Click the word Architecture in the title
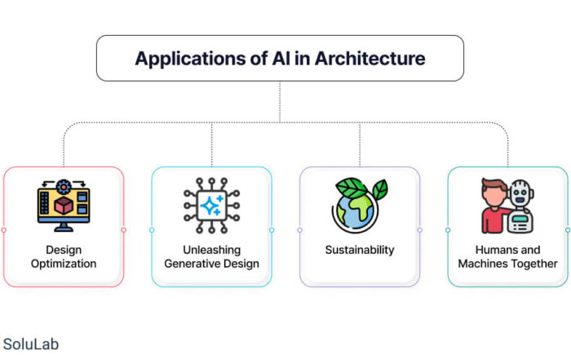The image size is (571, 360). [370, 58]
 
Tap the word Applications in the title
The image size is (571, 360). [190, 59]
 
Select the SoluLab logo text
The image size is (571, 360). [31, 344]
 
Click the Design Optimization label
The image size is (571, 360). [64, 256]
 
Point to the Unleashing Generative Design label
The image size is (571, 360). [211, 256]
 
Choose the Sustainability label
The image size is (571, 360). [360, 250]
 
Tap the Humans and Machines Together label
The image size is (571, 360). [507, 256]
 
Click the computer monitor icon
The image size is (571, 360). [64, 206]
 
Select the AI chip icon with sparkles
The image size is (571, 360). [211, 206]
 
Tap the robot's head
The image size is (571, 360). [521, 193]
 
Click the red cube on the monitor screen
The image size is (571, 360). [64, 205]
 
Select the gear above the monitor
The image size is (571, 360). [64, 187]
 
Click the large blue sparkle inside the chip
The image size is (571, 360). [210, 206]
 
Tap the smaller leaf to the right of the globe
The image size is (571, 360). [380, 189]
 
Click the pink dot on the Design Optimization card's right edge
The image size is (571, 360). [124, 230]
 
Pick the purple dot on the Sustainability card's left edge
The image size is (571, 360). [299, 230]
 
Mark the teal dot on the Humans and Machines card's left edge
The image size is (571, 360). [448, 230]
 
